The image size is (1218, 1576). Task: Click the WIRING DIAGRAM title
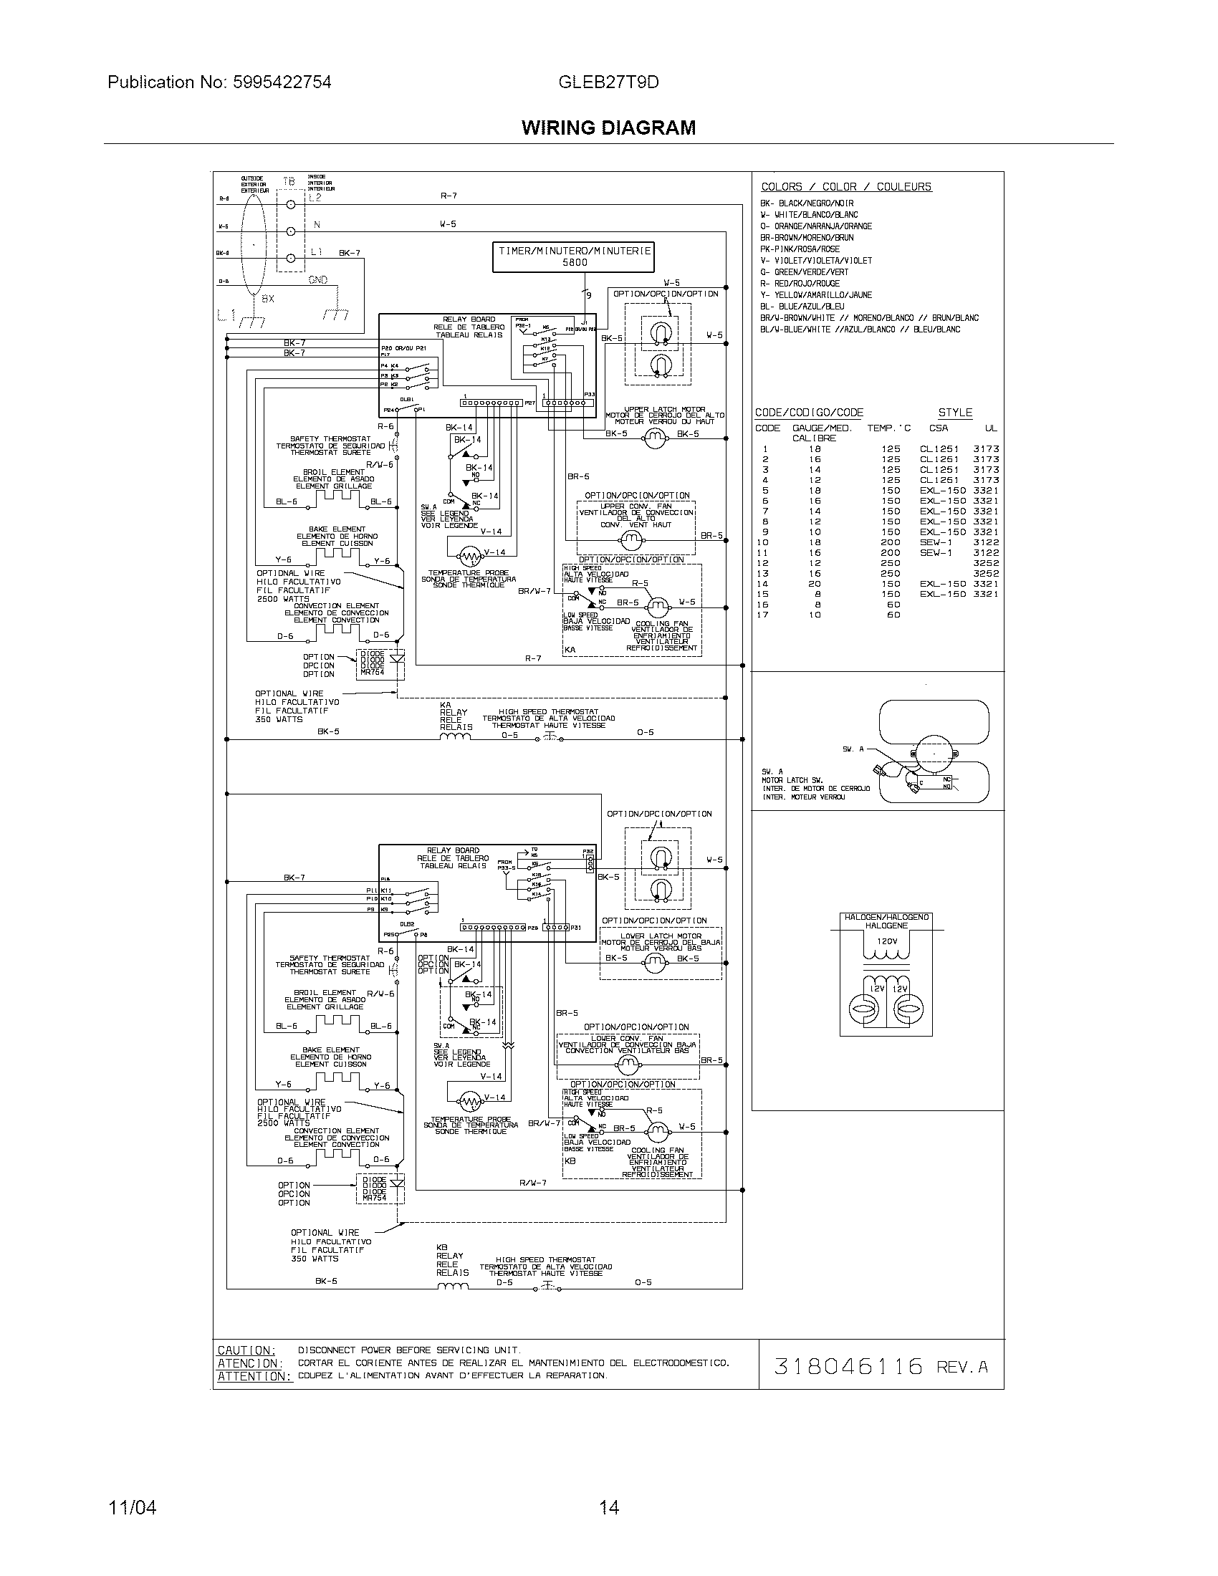coord(608,128)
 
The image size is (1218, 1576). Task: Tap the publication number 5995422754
coord(282,82)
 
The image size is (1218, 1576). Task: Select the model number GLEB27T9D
coord(608,82)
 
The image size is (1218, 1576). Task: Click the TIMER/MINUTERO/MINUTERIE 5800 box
coord(575,258)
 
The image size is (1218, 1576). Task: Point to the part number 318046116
coord(848,1366)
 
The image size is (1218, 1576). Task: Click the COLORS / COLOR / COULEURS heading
coord(845,187)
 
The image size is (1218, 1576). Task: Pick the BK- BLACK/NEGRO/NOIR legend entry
coord(807,203)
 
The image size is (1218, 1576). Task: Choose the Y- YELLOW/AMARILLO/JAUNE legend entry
coord(815,295)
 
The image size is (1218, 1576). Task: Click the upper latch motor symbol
coord(656,437)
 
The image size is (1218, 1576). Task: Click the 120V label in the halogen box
coord(887,941)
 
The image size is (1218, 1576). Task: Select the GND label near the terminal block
coord(318,280)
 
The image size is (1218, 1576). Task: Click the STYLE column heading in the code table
coord(954,413)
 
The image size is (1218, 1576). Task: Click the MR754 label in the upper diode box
coord(373,672)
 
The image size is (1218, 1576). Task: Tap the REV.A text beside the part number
coord(961,1367)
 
